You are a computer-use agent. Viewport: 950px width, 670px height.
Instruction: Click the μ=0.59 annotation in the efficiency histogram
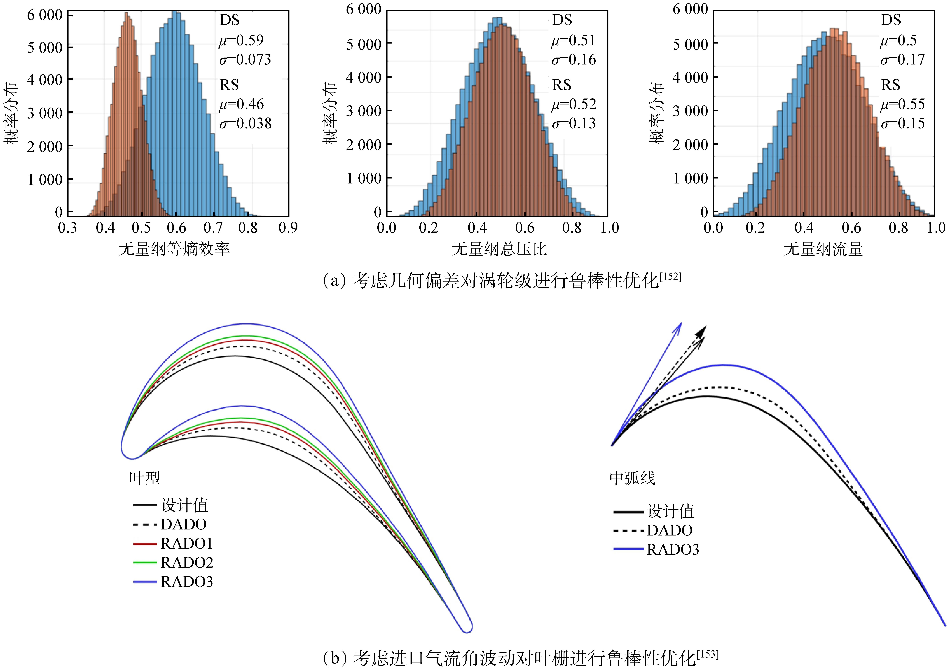(241, 40)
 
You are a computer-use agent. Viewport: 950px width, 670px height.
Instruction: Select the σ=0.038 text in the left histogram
(245, 123)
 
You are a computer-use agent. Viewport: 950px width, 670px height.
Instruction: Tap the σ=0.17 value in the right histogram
(902, 60)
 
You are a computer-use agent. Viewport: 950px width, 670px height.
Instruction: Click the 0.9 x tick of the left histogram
(288, 228)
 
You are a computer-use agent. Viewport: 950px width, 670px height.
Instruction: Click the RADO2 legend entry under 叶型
(187, 562)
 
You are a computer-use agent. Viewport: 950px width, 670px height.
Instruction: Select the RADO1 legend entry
(187, 543)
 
